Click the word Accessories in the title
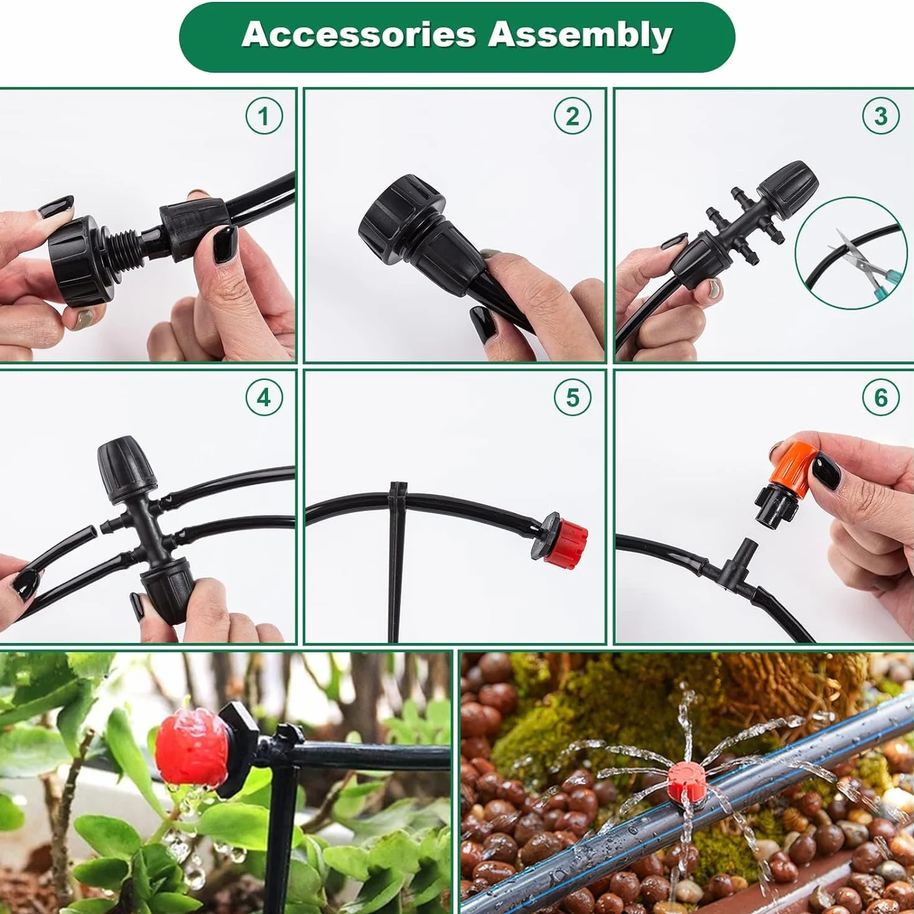pos(359,35)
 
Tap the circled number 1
pos(264,116)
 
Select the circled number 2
pos(573,116)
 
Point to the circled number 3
pos(881,116)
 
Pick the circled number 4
pos(264,397)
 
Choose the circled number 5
pos(573,397)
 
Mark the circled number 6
pos(881,397)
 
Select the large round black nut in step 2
pos(399,210)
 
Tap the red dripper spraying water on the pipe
pos(687,781)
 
